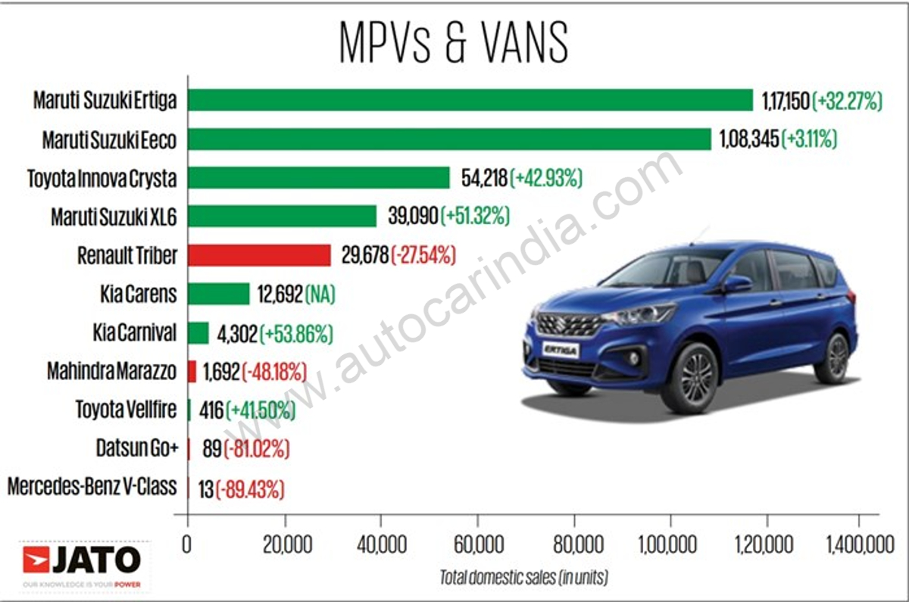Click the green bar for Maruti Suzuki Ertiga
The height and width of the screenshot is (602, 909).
click(470, 100)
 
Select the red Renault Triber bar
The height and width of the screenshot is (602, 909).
click(259, 255)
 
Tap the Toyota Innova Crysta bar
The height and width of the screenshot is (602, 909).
click(318, 178)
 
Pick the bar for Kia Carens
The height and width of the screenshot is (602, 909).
click(218, 294)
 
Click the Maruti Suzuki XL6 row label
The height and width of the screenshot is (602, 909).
click(114, 217)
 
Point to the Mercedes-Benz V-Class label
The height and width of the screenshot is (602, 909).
click(92, 487)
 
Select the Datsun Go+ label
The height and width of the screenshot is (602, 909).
click(137, 448)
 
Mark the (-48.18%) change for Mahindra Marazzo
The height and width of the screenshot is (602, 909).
click(273, 371)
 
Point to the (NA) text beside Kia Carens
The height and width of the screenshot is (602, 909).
click(320, 294)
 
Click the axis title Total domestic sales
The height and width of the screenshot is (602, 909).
click(523, 578)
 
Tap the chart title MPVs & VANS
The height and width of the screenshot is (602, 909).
click(454, 43)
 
